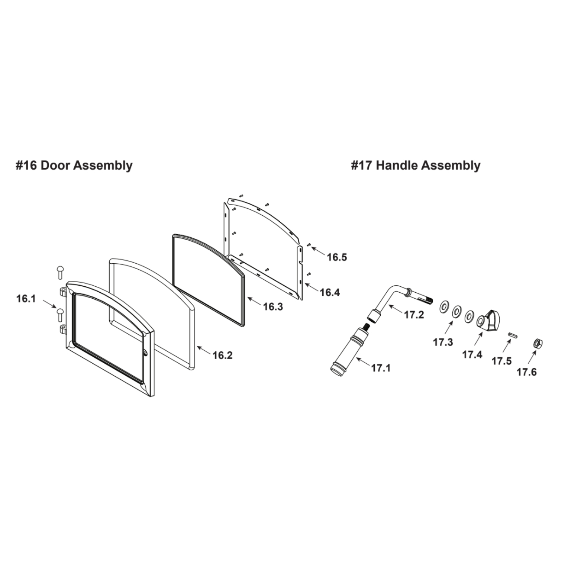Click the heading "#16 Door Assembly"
74,165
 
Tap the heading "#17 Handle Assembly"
416,165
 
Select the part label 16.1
26,299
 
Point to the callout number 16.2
223,355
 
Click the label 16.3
273,307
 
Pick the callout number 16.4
330,292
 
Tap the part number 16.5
337,257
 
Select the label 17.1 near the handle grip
381,368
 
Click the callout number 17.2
414,315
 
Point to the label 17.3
443,343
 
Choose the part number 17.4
472,355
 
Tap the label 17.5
502,361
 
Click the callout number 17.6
526,372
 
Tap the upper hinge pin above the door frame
60,272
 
